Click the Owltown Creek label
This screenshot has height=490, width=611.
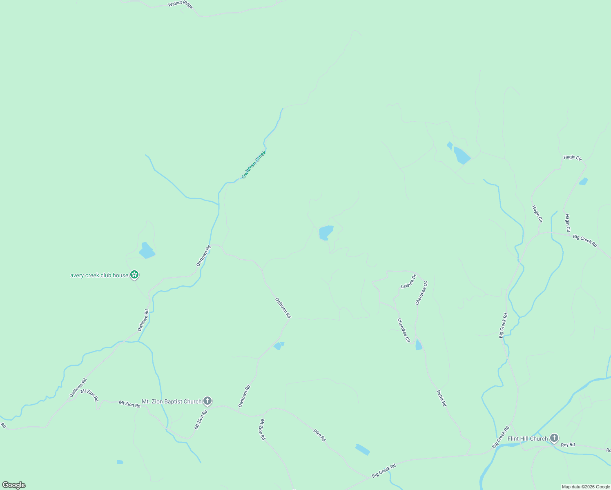254,165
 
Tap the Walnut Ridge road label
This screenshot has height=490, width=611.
180,5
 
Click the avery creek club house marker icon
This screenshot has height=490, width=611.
134,275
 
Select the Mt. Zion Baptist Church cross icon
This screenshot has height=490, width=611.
207,401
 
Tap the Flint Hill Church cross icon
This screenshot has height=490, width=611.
554,438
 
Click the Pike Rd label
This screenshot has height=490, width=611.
319,435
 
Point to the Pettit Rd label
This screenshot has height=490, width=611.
442,398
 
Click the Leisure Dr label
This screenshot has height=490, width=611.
408,281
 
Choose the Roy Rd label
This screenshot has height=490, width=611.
568,445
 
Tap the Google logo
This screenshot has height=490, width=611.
13,485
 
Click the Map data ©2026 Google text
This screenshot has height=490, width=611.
586,487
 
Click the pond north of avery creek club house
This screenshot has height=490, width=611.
147,251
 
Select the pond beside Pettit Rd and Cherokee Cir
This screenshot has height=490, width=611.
418,345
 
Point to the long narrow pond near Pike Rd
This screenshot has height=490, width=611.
362,449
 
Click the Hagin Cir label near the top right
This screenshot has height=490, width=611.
572,157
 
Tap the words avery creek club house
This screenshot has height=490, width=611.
99,275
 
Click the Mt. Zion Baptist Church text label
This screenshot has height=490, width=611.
172,401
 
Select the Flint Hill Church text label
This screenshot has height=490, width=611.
528,439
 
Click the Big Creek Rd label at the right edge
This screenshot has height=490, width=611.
585,241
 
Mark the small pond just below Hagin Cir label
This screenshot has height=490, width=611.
583,181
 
